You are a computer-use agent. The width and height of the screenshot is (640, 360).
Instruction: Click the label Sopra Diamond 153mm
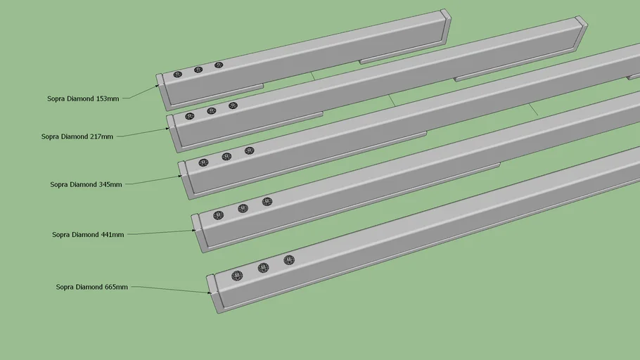point(83,98)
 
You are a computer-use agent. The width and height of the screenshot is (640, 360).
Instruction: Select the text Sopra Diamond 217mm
point(77,136)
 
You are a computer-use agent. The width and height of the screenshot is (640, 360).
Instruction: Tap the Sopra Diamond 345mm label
point(86,184)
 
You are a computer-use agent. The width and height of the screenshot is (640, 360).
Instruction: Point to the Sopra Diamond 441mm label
point(88,235)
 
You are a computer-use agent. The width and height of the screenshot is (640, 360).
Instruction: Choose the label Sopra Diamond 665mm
point(92,287)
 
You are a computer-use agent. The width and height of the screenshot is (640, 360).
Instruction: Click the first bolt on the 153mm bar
point(177,75)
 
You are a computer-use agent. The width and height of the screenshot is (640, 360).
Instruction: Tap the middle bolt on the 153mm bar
point(198,70)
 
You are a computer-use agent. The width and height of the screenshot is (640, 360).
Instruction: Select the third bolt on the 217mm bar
point(233,105)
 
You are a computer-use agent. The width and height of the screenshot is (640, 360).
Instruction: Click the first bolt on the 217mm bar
point(190,116)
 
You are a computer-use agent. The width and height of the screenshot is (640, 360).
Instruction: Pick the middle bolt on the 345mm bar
point(226,157)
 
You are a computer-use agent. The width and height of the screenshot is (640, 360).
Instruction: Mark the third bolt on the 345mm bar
point(250,150)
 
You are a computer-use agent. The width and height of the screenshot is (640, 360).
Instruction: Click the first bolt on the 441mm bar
point(218,215)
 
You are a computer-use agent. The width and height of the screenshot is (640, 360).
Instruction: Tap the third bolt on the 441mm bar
point(267,202)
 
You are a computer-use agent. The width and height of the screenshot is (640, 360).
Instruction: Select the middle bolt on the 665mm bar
point(264,268)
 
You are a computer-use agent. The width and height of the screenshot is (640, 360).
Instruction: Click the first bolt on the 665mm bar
point(237,276)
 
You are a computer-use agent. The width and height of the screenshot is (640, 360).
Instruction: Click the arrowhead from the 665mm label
point(209,292)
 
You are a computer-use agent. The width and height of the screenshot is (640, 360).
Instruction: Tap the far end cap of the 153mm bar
point(446,25)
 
